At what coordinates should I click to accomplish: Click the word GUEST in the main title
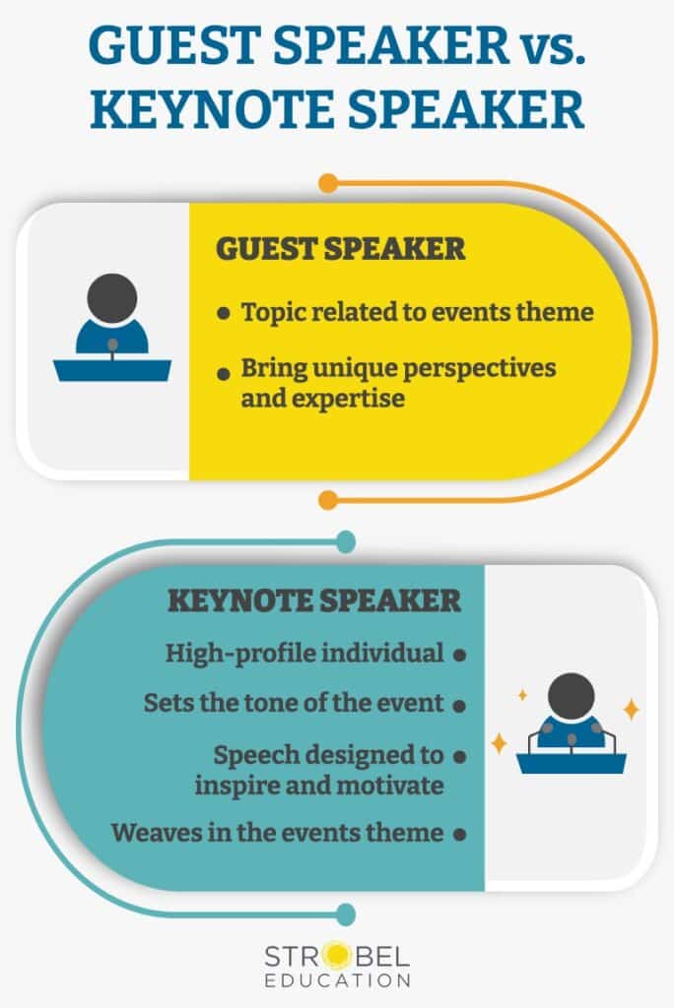[173, 44]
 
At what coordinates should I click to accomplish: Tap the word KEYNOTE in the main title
[213, 109]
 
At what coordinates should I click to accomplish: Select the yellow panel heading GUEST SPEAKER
[340, 249]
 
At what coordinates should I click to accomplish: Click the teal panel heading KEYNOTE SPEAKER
[314, 601]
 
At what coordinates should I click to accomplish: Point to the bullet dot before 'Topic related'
[224, 314]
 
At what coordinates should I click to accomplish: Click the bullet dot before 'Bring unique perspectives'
[224, 373]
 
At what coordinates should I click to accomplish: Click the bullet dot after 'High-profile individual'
[459, 655]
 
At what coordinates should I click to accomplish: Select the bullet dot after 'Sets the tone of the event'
[459, 705]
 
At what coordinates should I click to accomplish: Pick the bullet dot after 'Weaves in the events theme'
[459, 835]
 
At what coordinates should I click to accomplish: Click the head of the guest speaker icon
[112, 298]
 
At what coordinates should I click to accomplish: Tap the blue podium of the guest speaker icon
[112, 370]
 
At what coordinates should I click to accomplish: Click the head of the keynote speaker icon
[571, 697]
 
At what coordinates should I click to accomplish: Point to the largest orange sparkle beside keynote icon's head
[632, 709]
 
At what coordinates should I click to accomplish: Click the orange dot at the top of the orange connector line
[328, 182]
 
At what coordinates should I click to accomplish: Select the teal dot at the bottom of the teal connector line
[346, 913]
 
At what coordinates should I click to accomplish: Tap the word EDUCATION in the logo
[337, 980]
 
